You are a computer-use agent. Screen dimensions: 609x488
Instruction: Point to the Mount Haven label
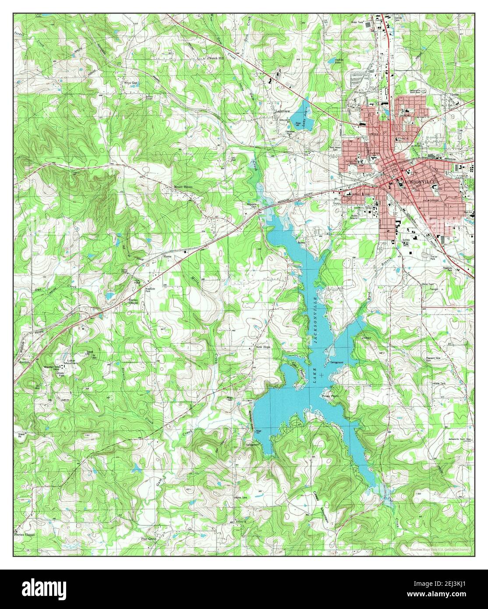tap(183, 187)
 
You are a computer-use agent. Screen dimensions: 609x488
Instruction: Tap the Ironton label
tap(24, 362)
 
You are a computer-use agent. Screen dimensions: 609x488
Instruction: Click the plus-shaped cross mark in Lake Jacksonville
tap(323, 375)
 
